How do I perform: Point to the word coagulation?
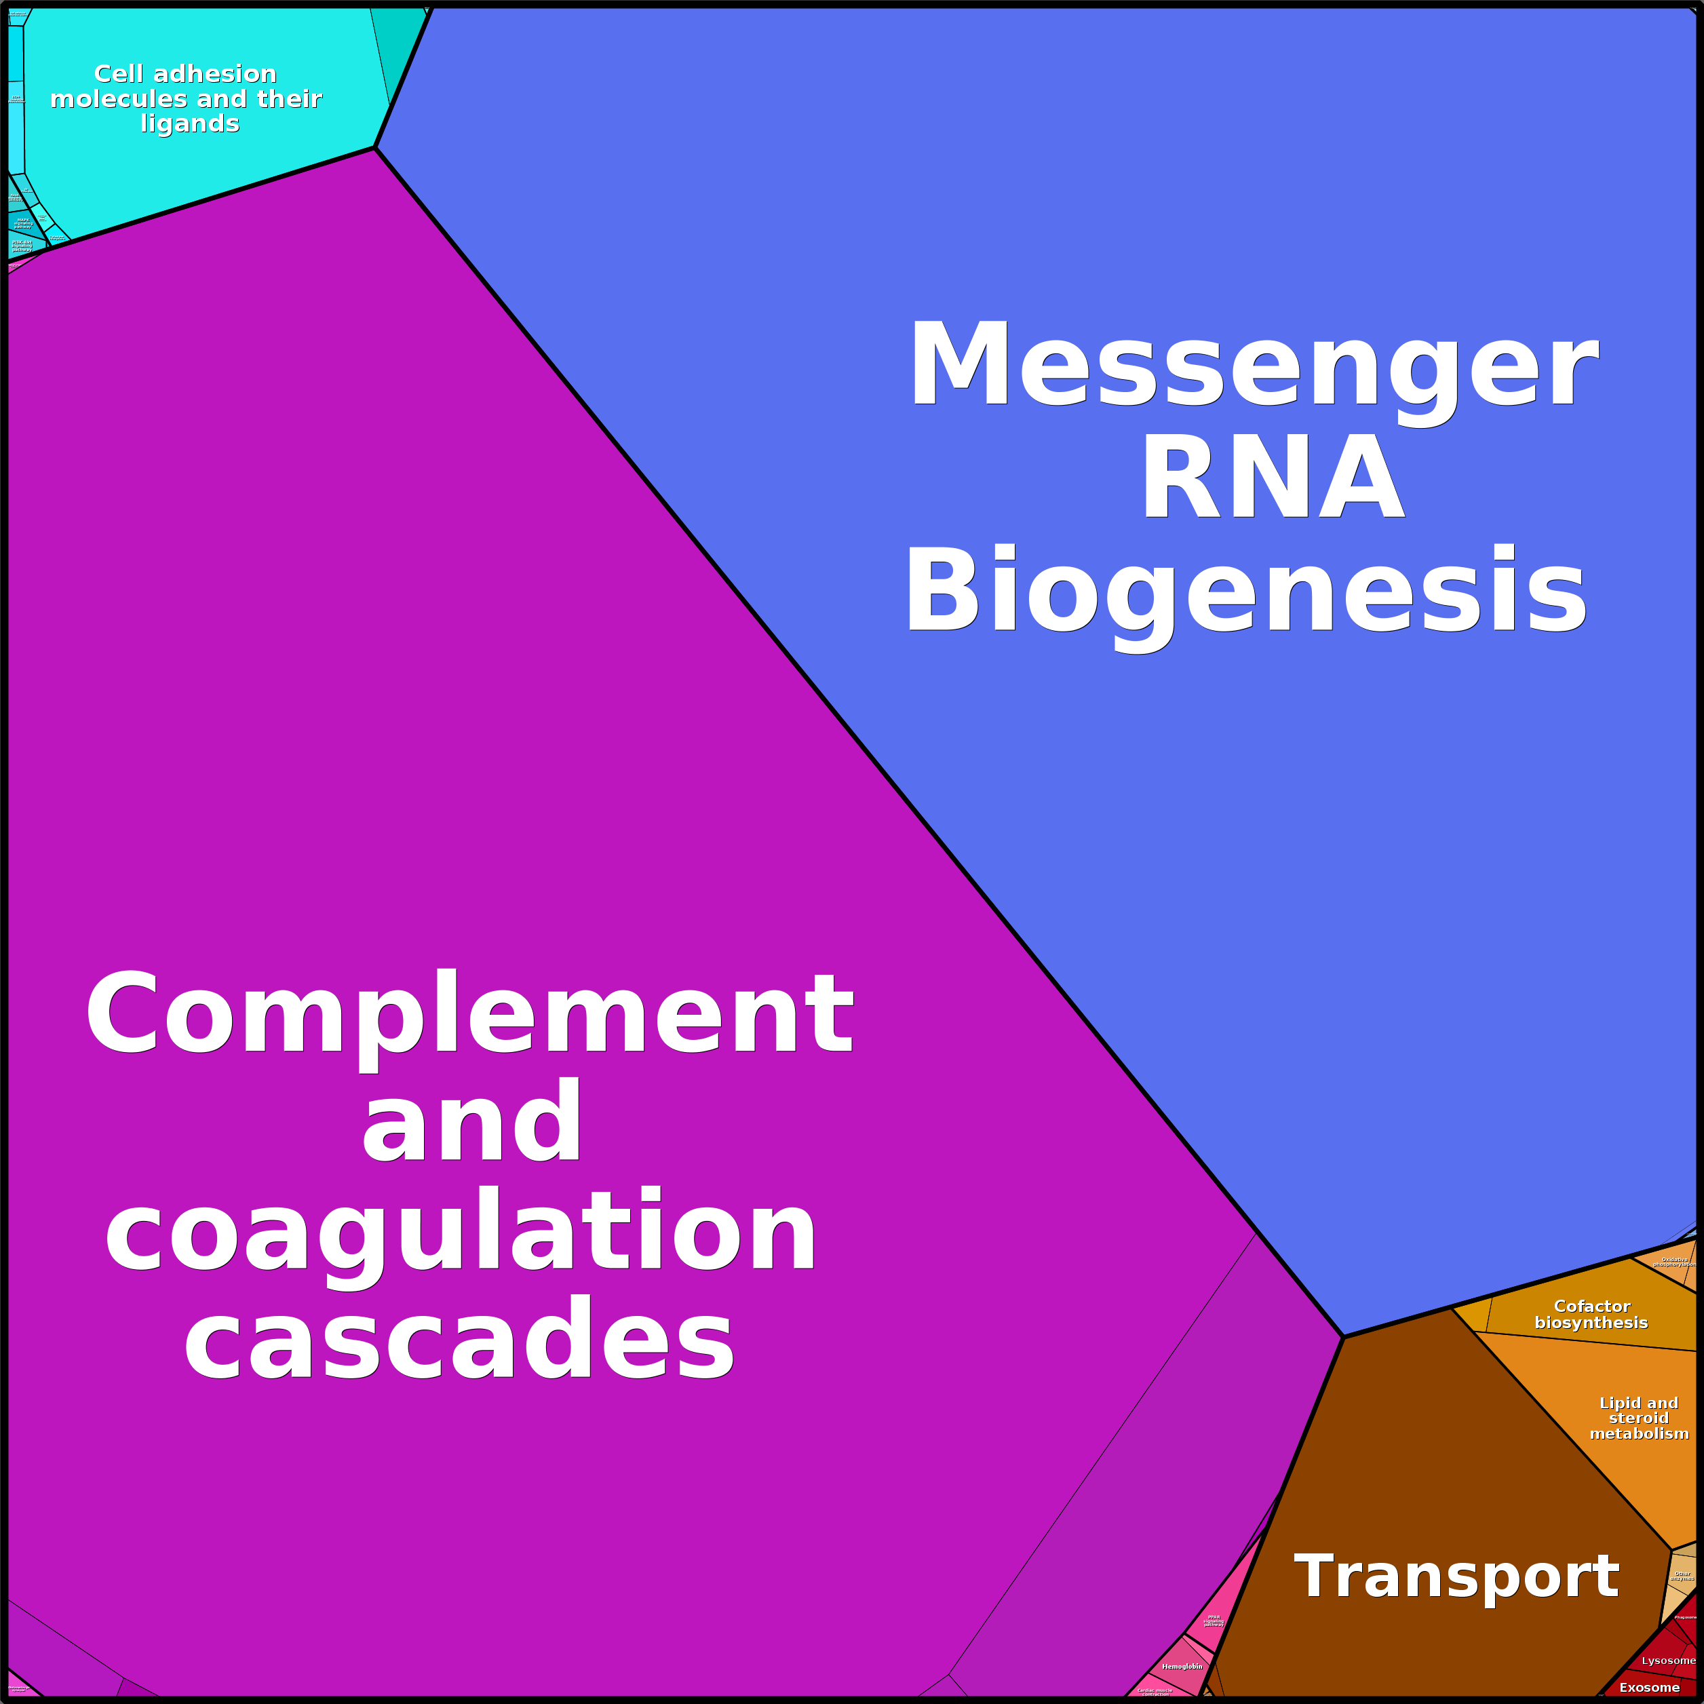[461, 1231]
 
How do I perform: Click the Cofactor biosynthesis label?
[1591, 1314]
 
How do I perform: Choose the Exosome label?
[1649, 1687]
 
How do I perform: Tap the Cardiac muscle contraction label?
[1155, 1692]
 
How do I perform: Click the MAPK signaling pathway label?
[23, 224]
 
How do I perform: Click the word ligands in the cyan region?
[190, 123]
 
